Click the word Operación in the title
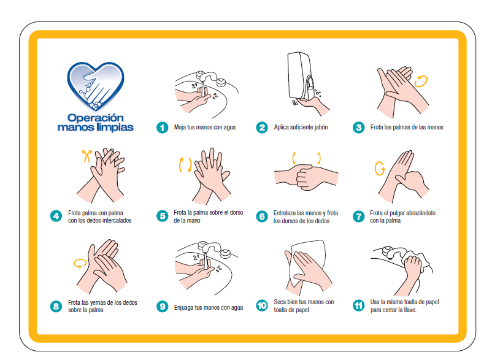pos(95,118)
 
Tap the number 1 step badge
pos(162,128)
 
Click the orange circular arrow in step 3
pos(421,81)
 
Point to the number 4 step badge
pos(56,216)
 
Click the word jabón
pos(320,128)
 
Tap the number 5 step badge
pos(162,216)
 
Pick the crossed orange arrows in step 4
pos(87,156)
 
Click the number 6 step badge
pos(262,216)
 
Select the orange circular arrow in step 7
pos(380,169)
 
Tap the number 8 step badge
pos(56,306)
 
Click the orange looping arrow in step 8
pos(80,264)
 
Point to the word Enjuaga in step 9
pos(184,308)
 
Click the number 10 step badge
pos(262,305)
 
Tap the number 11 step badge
pos(358,305)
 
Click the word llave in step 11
pos(409,310)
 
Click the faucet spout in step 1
pos(207,77)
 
